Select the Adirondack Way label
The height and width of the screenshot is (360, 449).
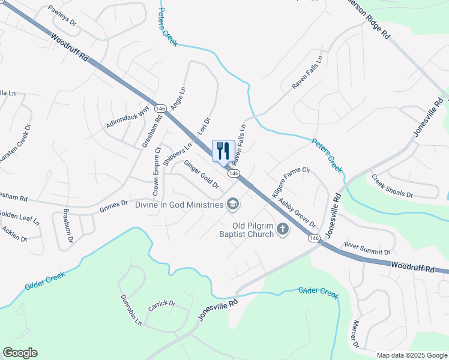tap(127, 118)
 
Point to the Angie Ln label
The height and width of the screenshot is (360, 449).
tap(178, 98)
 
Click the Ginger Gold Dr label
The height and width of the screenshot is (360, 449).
tap(201, 174)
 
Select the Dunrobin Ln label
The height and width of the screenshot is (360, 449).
tap(130, 310)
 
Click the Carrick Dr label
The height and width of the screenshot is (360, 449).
tap(161, 304)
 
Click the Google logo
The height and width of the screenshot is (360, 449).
tap(20, 353)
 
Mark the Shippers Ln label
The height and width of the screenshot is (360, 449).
tap(177, 154)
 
